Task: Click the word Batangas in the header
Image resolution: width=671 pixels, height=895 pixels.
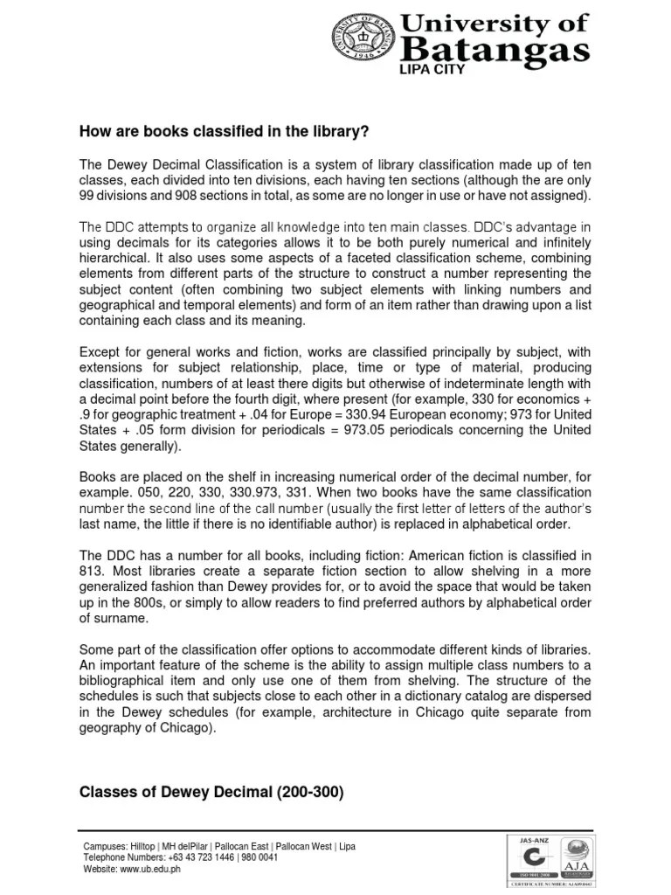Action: click(x=490, y=48)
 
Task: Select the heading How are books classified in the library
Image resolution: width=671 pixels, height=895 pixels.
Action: click(x=225, y=132)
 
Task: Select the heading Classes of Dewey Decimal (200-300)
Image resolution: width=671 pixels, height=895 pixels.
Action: click(x=212, y=793)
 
